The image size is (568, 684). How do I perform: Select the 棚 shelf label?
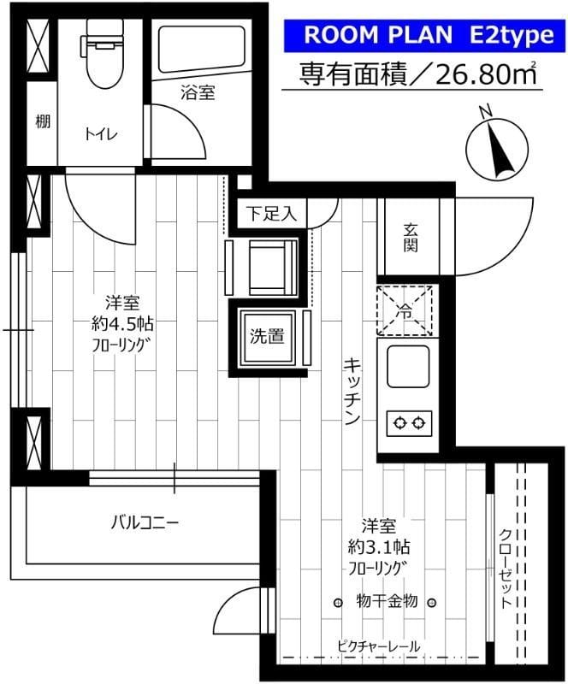coord(42,122)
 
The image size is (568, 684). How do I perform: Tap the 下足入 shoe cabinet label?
coord(271,214)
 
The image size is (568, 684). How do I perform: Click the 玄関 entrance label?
coord(411,238)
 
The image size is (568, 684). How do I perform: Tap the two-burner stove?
coord(407,421)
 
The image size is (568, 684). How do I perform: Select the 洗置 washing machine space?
coord(267,337)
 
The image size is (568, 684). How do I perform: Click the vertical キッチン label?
coord(352,390)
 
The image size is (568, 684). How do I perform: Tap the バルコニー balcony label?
coord(143,521)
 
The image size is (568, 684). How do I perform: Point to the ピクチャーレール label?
coord(379,646)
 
